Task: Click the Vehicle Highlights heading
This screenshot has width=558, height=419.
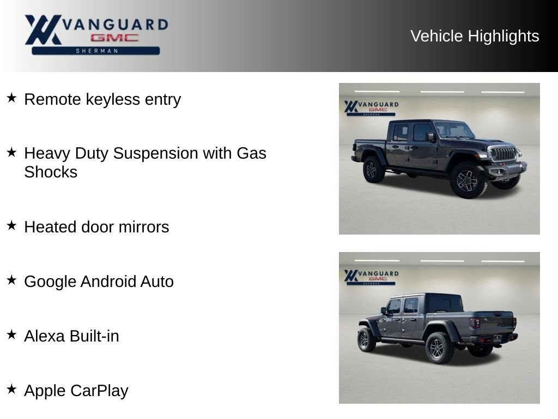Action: (475, 36)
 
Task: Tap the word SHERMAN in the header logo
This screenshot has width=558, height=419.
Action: (97, 51)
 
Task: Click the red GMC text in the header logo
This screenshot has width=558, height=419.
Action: (114, 38)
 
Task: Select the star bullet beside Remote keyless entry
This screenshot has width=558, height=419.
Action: (12, 98)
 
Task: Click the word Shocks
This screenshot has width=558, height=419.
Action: (51, 172)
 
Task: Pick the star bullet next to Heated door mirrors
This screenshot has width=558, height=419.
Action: (12, 225)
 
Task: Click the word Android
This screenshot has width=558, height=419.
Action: (108, 282)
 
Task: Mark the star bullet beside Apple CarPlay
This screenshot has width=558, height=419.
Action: (12, 389)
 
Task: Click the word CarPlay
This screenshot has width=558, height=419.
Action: (99, 391)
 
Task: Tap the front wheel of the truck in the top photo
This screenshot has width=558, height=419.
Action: (468, 180)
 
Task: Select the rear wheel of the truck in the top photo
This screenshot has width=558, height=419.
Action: (372, 170)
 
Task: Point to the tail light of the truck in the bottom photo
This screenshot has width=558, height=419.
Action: (475, 323)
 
